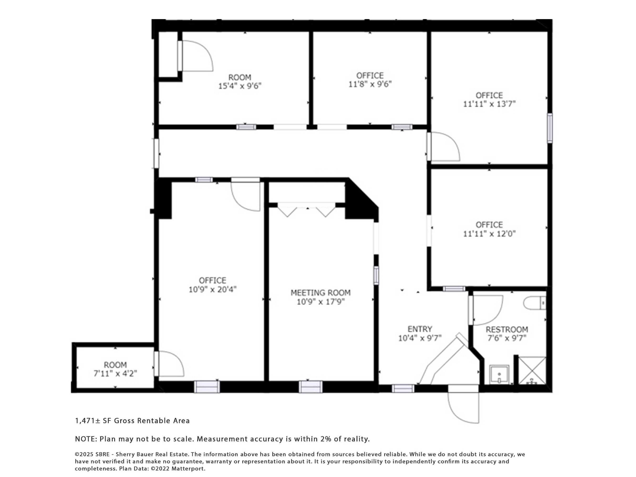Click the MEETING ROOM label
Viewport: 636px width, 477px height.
pyautogui.click(x=320, y=293)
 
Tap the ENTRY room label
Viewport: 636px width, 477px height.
pyautogui.click(x=420, y=329)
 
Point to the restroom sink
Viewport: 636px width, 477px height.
pyautogui.click(x=499, y=375)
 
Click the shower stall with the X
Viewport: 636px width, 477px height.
pyautogui.click(x=532, y=370)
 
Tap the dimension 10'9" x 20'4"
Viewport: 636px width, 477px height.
pyautogui.click(x=212, y=289)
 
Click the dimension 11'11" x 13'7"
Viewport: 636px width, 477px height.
pyautogui.click(x=489, y=104)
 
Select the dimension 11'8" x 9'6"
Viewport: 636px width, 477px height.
pyautogui.click(x=370, y=84)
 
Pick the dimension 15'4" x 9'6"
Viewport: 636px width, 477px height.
pyautogui.click(x=240, y=86)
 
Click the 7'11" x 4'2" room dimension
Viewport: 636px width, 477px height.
pyautogui.click(x=115, y=373)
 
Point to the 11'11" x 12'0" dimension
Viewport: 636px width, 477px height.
pyautogui.click(x=489, y=233)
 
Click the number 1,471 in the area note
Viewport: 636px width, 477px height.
pyautogui.click(x=85, y=421)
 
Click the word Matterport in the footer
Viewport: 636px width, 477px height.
pyautogui.click(x=192, y=468)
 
